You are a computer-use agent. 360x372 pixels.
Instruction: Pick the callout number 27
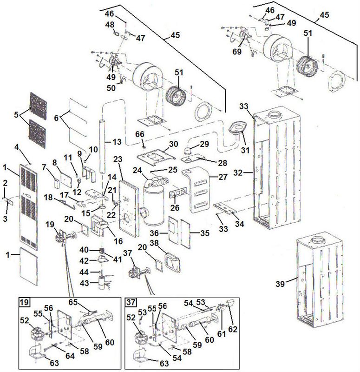[213, 177]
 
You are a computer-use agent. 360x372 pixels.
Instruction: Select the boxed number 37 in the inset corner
[131, 303]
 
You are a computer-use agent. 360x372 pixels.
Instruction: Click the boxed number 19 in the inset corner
[24, 303]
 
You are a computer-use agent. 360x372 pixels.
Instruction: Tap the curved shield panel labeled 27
[197, 191]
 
